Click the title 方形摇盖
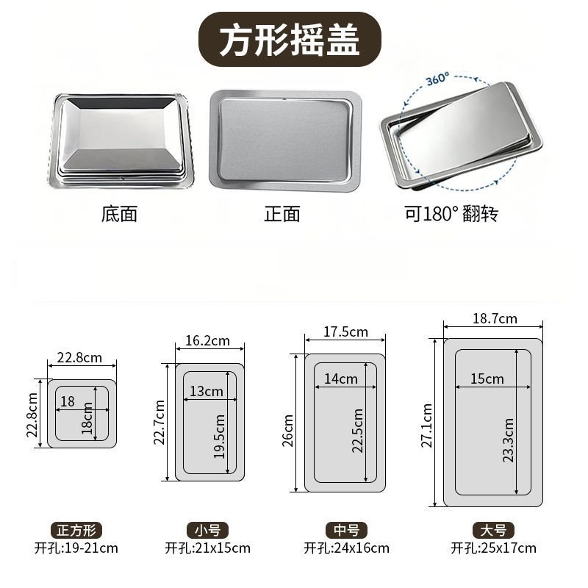[x=290, y=40]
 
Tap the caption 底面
[x=119, y=214]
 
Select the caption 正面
[x=282, y=214]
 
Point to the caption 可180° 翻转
[x=451, y=214]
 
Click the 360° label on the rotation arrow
[x=437, y=79]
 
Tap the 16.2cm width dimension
[x=207, y=340]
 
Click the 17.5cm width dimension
[x=345, y=332]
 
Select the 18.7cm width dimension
[x=495, y=318]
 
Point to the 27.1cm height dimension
[x=427, y=426]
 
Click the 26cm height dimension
[x=287, y=431]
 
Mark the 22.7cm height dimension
[x=159, y=422]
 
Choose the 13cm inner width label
[x=207, y=391]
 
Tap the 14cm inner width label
[x=340, y=379]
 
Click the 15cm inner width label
[x=487, y=379]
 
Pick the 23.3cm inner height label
[x=508, y=440]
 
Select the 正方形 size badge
[x=76, y=531]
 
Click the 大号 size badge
[x=493, y=531]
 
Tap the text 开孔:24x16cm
[x=346, y=548]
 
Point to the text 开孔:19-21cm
[x=76, y=548]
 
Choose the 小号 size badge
[x=207, y=531]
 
